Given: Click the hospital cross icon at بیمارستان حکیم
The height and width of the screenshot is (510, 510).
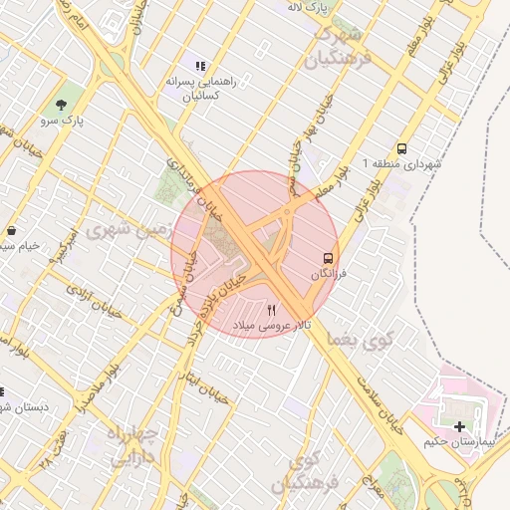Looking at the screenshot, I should point(458,426).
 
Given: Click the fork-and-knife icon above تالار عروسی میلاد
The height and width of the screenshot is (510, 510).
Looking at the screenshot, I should point(272,311).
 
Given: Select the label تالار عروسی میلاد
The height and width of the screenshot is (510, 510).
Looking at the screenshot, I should point(272,326).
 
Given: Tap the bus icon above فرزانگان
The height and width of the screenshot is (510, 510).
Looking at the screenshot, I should point(326,259).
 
